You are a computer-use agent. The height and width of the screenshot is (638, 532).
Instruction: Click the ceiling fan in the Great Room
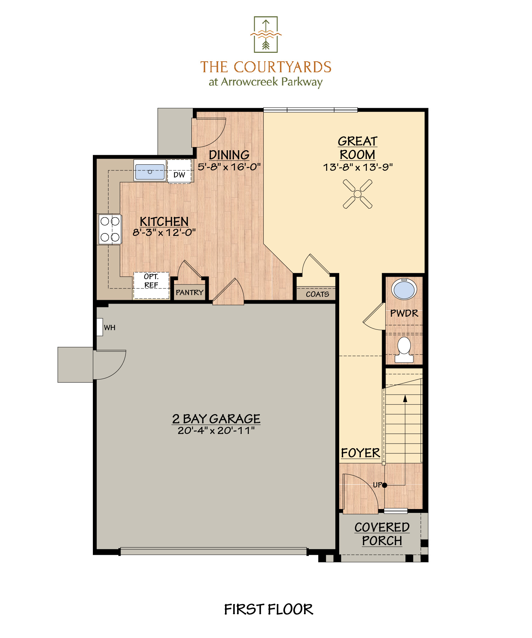click(358, 194)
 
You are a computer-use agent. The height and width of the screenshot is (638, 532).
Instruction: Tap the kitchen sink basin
click(150, 172)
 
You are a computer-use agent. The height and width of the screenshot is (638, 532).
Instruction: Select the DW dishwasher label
click(179, 175)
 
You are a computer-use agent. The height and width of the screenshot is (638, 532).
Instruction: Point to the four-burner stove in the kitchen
click(110, 229)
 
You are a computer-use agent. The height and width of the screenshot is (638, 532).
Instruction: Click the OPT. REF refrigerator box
click(151, 286)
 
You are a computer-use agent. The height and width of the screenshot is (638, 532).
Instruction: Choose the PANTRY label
click(190, 292)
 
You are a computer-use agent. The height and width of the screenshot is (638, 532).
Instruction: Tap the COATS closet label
click(318, 294)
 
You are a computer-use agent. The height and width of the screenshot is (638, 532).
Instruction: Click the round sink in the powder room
click(404, 289)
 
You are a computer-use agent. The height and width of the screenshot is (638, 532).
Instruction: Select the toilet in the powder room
click(404, 350)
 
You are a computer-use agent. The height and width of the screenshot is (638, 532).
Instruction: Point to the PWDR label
click(404, 313)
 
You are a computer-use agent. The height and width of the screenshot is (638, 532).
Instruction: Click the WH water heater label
click(110, 328)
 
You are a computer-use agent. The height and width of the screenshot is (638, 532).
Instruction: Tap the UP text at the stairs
click(377, 485)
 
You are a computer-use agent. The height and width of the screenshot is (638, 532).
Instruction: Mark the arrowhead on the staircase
click(405, 399)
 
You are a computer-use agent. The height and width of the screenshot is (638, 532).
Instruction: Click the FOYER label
click(360, 453)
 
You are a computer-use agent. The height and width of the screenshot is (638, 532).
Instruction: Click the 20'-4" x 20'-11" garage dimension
click(216, 430)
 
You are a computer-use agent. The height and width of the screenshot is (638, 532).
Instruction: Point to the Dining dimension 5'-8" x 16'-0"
click(229, 166)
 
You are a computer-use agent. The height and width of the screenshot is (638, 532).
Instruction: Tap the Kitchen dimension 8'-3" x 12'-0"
click(164, 232)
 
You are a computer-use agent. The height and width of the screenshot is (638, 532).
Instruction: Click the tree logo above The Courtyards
click(266, 34)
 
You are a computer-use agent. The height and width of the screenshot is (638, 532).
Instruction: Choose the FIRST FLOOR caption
click(269, 609)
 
